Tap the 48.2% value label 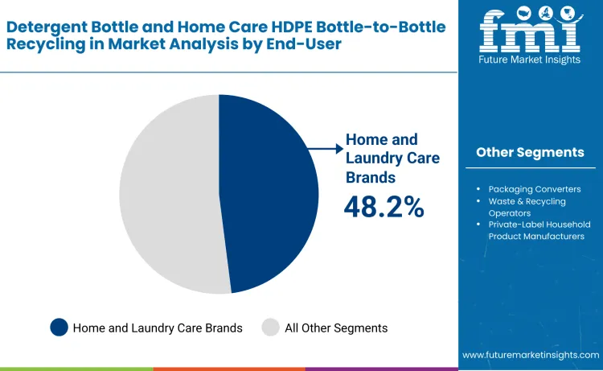coord(384,207)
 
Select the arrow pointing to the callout coord(326,148)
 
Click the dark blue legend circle coord(59,328)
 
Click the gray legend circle coord(270,328)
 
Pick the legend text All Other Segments coord(336,328)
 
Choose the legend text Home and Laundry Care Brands coord(158,328)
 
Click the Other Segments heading coord(530,152)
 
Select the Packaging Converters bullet coord(534,189)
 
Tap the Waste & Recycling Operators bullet coord(527,207)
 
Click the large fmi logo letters coord(529,31)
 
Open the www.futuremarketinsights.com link coord(531,355)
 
